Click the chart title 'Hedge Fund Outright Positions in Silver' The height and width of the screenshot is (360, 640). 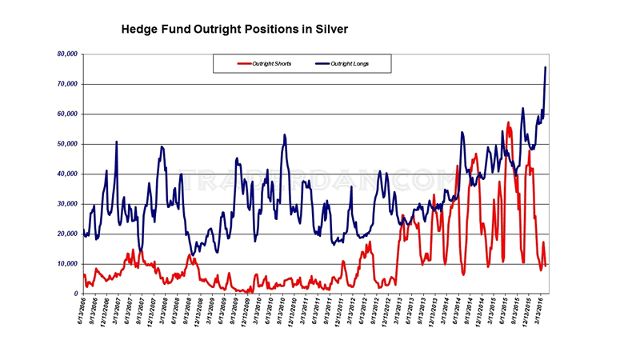(x=234, y=29)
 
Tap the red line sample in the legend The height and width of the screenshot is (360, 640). (x=244, y=63)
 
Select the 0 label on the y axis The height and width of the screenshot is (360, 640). (x=75, y=294)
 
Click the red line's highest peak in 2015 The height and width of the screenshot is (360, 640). (x=508, y=122)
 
